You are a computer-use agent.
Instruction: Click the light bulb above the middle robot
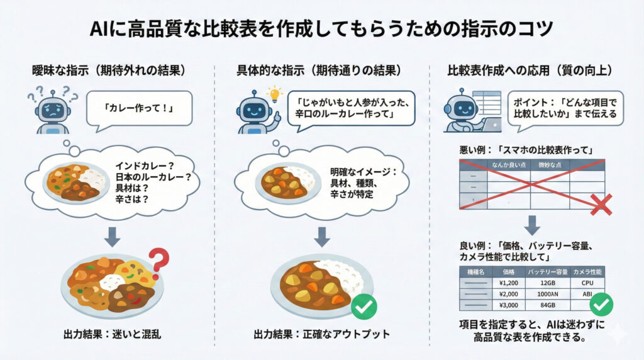click(274, 95)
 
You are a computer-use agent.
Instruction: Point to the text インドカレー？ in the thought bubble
click(145, 166)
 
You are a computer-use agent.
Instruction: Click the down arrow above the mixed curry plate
click(112, 236)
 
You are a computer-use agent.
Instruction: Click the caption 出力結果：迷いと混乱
click(113, 334)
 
